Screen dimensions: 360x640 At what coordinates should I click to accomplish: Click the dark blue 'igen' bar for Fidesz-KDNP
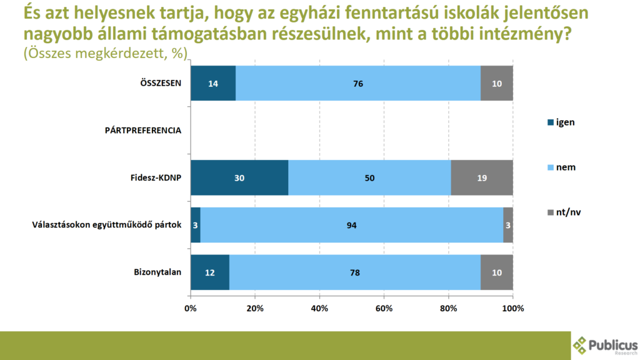(239, 177)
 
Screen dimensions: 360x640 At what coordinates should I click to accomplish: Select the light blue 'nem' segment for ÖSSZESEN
(358, 83)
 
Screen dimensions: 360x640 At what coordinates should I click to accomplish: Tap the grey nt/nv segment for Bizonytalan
(497, 272)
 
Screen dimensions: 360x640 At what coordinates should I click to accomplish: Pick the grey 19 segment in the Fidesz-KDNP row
(481, 177)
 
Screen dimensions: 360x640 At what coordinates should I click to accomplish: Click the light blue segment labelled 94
(351, 225)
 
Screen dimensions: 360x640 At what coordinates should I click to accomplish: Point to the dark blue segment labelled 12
(210, 272)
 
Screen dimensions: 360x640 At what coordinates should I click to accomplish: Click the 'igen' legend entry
(562, 122)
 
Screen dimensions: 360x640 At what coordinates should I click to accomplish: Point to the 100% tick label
(513, 308)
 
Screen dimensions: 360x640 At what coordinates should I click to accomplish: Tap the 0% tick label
(191, 308)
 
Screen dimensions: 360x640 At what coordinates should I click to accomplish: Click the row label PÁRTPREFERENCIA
(142, 131)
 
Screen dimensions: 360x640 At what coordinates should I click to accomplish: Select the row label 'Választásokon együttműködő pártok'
(106, 225)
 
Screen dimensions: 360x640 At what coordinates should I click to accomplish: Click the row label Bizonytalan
(157, 272)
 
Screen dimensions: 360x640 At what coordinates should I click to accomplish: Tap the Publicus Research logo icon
(581, 344)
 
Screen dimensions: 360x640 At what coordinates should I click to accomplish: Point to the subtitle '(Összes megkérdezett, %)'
(106, 54)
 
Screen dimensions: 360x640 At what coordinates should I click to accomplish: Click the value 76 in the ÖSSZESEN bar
(358, 83)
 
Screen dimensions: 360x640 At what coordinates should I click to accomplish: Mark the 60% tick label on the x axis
(384, 308)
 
